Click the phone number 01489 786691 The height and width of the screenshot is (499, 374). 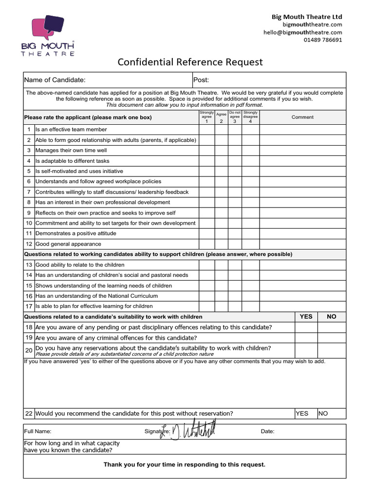click(x=323, y=40)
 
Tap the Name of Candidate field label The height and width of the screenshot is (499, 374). click(x=55, y=80)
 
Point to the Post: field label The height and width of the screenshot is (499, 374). click(x=201, y=80)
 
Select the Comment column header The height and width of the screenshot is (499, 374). click(x=302, y=117)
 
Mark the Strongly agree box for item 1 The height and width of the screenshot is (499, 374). click(x=206, y=130)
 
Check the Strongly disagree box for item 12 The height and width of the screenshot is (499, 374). click(x=251, y=244)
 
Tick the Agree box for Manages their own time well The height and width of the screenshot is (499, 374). click(x=221, y=151)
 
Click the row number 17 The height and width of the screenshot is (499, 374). click(x=29, y=307)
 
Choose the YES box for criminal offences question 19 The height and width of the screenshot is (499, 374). click(x=306, y=338)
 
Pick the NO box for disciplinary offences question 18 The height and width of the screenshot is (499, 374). click(x=332, y=327)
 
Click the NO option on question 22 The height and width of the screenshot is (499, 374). click(x=323, y=413)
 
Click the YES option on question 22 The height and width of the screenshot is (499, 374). click(x=302, y=413)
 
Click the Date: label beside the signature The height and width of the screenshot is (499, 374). click(x=267, y=431)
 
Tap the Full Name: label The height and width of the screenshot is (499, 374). click(x=37, y=431)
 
